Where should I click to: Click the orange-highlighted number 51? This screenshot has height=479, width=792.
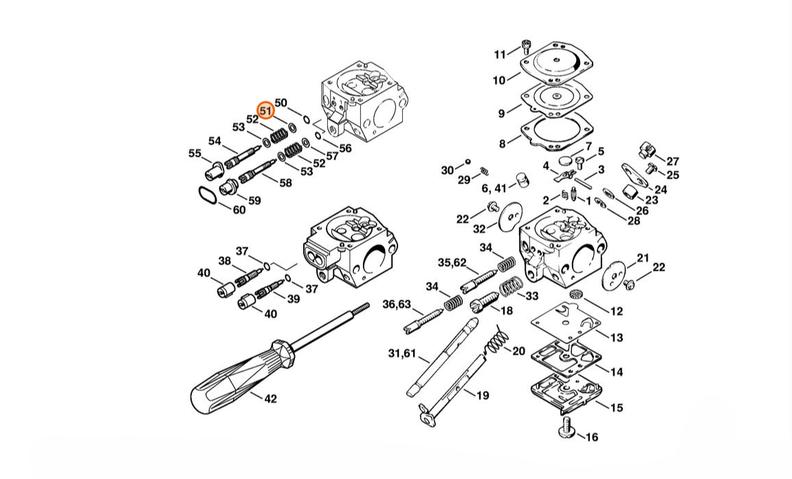coord(265,111)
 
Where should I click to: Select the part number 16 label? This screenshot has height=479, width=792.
coord(591,436)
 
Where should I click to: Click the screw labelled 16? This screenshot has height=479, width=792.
coord(566,427)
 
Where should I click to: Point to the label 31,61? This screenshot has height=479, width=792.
coord(402,353)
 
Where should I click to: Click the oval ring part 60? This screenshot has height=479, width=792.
coord(206,195)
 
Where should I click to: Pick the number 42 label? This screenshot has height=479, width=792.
coord(271,399)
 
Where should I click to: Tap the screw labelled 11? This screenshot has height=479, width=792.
coord(525,46)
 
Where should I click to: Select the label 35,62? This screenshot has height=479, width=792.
coord(452,263)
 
